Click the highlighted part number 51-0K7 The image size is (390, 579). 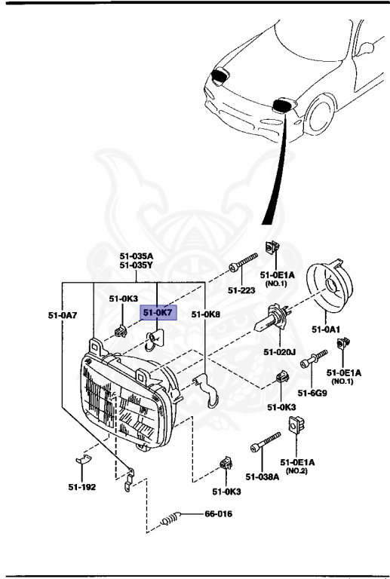point(159,311)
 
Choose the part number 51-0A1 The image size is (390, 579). point(327,329)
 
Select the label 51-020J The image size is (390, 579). point(278,351)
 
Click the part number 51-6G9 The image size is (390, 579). point(312,392)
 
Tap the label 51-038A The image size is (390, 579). point(261,476)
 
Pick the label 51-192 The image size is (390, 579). point(81,487)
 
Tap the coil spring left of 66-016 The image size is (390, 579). point(171,518)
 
